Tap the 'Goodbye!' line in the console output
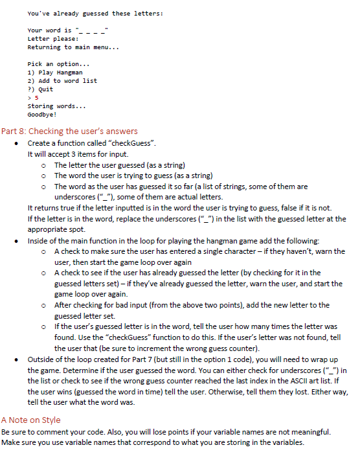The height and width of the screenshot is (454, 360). (x=43, y=114)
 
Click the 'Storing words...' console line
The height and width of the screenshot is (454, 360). (x=56, y=106)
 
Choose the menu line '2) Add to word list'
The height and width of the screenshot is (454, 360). (x=62, y=81)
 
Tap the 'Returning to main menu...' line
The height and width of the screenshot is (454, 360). (x=73, y=47)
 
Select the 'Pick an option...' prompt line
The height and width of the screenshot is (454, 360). (x=54, y=64)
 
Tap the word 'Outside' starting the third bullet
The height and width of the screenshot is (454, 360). (x=41, y=359)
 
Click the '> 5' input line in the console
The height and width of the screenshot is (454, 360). (x=34, y=98)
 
